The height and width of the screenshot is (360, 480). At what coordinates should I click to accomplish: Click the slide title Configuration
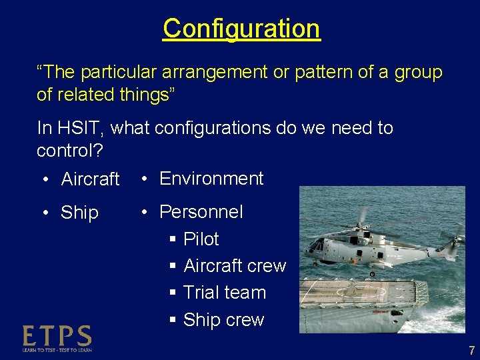click(241, 29)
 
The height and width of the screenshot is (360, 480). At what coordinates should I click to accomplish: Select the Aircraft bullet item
click(90, 179)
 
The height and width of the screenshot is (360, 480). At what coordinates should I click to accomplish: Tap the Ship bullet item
click(79, 213)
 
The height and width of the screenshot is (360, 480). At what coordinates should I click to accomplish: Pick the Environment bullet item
click(211, 179)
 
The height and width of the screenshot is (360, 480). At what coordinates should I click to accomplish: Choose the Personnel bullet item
click(201, 212)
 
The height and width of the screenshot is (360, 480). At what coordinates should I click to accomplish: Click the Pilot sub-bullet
click(201, 239)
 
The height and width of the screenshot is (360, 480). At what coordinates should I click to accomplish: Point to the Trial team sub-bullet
click(224, 293)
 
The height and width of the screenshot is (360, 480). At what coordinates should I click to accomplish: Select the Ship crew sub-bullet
click(223, 320)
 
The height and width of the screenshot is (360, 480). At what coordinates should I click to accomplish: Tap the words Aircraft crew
click(234, 266)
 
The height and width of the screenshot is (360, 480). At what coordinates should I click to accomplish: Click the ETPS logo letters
click(57, 335)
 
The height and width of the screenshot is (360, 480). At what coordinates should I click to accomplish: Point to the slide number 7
click(471, 351)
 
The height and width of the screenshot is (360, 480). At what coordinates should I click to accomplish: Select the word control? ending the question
click(69, 150)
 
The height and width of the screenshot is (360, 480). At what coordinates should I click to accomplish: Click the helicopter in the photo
click(373, 243)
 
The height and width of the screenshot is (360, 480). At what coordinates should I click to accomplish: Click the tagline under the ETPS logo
click(57, 349)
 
